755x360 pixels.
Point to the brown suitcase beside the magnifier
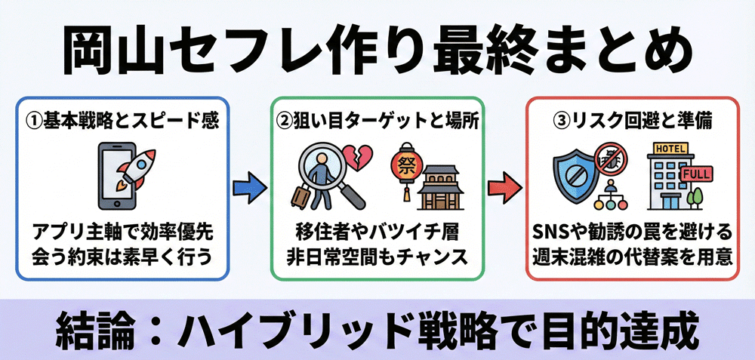(x=300, y=198)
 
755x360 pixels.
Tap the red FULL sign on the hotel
(x=696, y=176)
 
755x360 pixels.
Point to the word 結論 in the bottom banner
(x=98, y=330)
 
